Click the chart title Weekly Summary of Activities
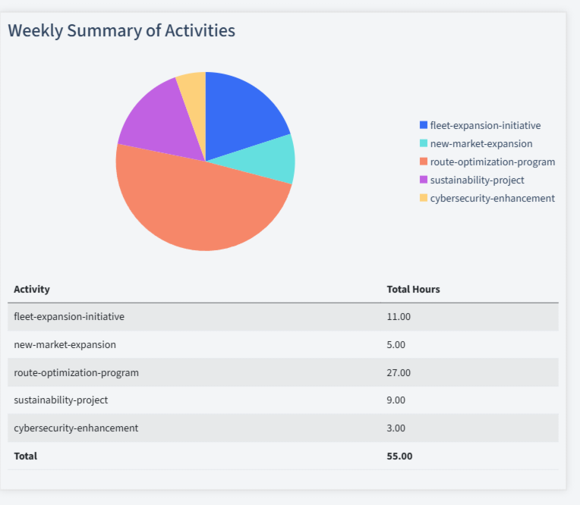point(121,31)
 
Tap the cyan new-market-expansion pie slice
point(273,159)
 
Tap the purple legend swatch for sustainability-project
point(424,180)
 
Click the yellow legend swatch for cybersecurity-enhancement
point(424,198)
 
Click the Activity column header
point(32,289)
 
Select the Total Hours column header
point(413,289)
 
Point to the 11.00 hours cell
point(399,316)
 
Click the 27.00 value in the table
point(399,372)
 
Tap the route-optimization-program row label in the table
point(76,372)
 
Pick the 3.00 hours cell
point(396,428)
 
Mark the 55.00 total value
point(399,456)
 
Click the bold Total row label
point(25,456)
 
